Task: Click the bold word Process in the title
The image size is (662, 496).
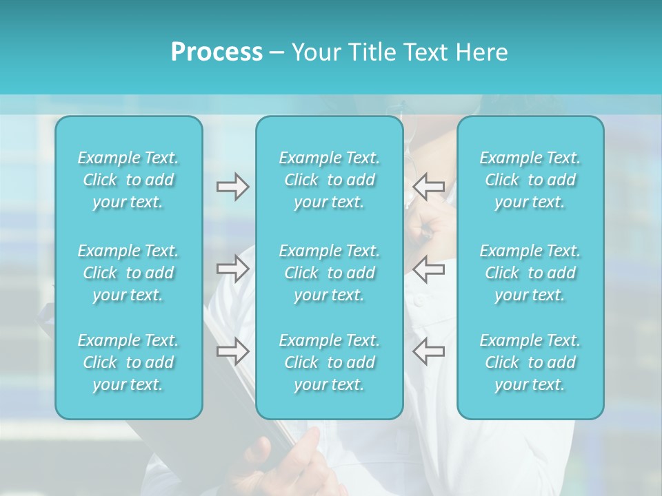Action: click(217, 52)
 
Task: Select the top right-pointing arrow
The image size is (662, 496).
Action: click(232, 186)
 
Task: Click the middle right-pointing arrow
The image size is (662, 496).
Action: click(232, 269)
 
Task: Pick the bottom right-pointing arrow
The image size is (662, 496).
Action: click(232, 351)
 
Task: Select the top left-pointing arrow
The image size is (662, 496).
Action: click(428, 186)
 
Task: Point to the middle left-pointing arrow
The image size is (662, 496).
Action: click(428, 269)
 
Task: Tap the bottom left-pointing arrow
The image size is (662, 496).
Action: click(428, 351)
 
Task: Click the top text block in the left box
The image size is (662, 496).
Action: click(128, 180)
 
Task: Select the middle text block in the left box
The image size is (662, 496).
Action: click(128, 273)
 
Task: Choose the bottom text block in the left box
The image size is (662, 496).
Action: click(128, 362)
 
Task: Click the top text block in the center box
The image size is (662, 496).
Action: click(330, 180)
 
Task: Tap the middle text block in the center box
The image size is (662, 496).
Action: click(330, 273)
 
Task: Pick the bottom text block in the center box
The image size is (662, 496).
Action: click(330, 362)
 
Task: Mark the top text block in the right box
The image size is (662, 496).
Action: click(530, 180)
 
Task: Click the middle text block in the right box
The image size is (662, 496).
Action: click(530, 273)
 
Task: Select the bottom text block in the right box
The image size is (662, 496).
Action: click(530, 362)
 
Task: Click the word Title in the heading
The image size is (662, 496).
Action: click(368, 52)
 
